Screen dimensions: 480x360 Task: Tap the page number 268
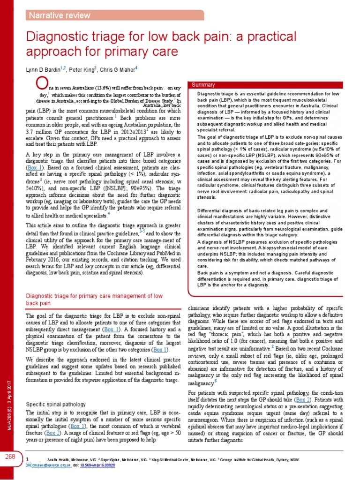tap(11, 457)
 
